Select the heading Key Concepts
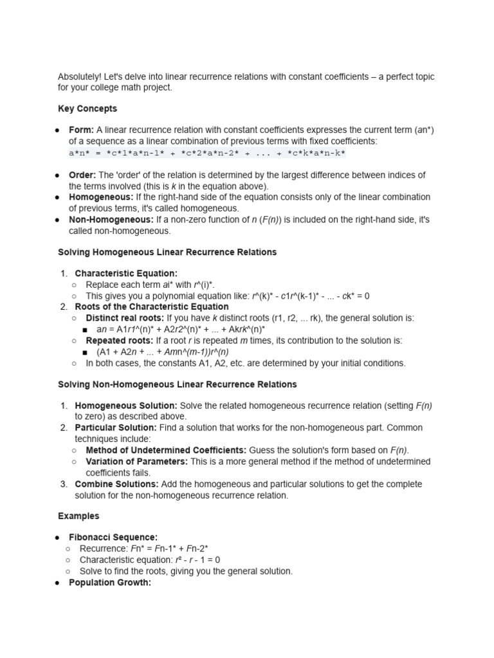coord(87,109)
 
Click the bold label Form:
coord(81,130)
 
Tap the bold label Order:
coord(82,175)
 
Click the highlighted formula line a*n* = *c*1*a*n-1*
coord(207,153)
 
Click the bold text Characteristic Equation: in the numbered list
coord(126,274)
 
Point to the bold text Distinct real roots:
coord(125,318)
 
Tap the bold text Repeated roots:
coord(118,341)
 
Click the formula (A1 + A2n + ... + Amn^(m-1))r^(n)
coord(162,352)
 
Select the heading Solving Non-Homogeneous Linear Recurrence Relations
coord(178,384)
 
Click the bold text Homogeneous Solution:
coord(126,406)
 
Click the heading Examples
coord(78,516)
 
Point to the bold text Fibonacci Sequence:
coord(113,537)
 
